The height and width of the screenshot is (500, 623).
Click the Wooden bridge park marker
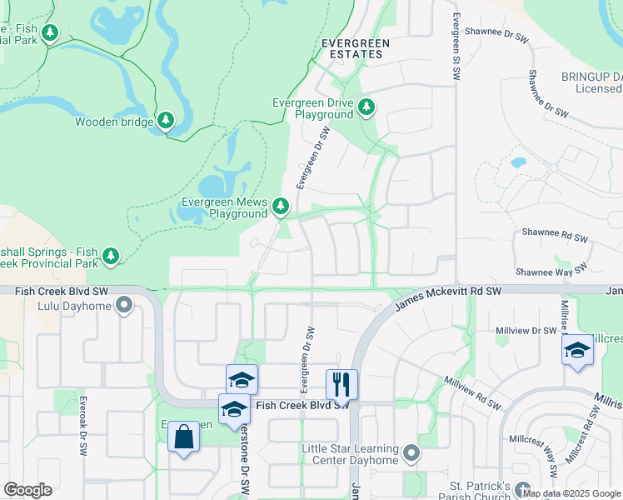coord(166,122)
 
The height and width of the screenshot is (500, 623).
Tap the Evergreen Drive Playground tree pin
coord(366,107)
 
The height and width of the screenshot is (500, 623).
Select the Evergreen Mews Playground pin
coord(281,206)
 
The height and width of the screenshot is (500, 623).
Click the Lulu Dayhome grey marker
coord(126,306)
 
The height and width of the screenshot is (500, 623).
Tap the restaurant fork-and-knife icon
coord(341,385)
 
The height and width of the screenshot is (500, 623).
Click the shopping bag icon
coord(183,437)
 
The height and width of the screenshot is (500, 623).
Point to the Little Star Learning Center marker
coord(410,454)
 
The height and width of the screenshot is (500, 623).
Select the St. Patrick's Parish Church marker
coord(522,489)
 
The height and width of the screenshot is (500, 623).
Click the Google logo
coord(27,490)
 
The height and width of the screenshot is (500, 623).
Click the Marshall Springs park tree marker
coord(110,256)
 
